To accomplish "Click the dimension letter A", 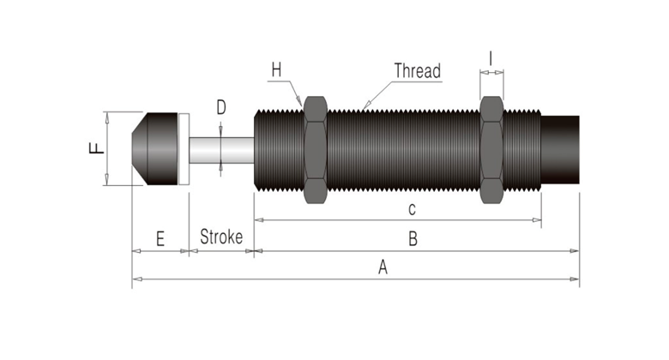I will [x=383, y=267].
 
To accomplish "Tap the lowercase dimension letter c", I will [x=412, y=209].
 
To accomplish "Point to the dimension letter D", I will [x=220, y=108].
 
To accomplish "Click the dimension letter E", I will [x=160, y=239].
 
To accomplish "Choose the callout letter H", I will [x=275, y=69].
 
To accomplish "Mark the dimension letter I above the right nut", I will [x=491, y=58].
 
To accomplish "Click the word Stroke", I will [x=221, y=237].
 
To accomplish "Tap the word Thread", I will [x=417, y=70].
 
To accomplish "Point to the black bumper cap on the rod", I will [x=155, y=148].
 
